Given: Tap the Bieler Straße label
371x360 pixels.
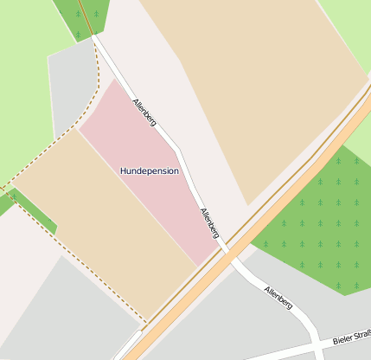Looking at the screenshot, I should [351, 335].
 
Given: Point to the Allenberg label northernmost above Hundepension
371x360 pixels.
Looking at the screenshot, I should [144, 112].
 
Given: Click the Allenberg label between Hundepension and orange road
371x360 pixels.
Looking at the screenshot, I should [209, 223].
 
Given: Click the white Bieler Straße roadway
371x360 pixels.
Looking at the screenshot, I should [285, 351].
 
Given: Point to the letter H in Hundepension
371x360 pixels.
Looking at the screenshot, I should [124, 170].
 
